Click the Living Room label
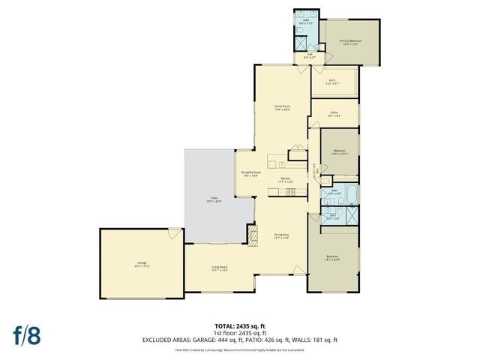click(219, 268)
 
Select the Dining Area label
click(281, 236)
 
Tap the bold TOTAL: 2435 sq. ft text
click(240, 325)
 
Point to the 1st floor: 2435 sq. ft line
click(240, 332)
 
